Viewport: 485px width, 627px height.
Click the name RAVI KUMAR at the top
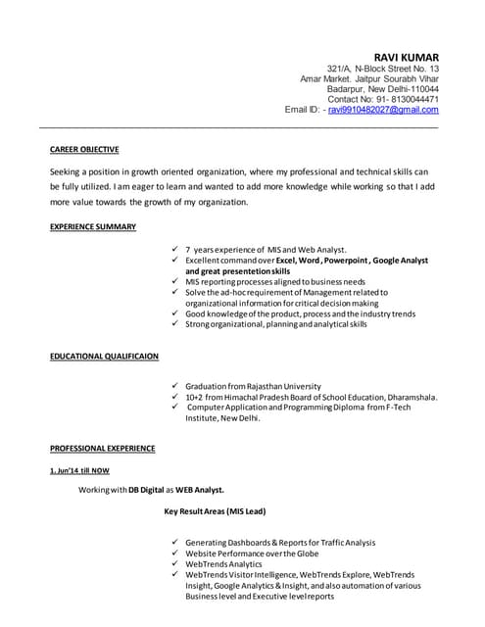[406, 57]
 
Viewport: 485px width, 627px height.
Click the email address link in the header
[383, 110]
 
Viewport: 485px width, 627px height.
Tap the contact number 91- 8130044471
[408, 99]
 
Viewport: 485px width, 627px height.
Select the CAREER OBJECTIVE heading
[84, 150]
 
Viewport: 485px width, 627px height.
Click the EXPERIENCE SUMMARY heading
[93, 226]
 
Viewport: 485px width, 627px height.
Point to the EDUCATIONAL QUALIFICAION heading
[104, 356]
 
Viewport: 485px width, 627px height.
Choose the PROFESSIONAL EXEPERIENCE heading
[102, 448]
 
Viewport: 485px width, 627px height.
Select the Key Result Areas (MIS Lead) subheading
[214, 511]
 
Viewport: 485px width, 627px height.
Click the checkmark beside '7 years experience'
[173, 250]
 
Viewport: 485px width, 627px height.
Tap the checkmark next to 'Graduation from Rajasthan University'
[173, 387]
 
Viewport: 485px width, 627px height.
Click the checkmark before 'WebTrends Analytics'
[173, 563]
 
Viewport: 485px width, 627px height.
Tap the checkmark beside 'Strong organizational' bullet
[173, 323]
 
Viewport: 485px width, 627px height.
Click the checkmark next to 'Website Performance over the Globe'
[173, 553]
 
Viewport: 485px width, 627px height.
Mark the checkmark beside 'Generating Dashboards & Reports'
[173, 542]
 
